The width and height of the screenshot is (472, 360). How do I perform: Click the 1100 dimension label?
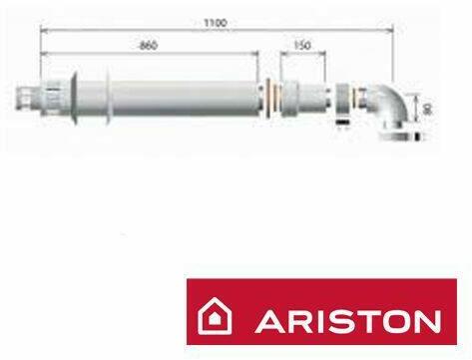216,23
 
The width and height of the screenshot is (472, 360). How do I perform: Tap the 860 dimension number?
148,46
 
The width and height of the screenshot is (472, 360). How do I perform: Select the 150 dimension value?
302,45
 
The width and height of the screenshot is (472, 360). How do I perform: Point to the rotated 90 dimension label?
427,109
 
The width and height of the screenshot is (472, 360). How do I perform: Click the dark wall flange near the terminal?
75,99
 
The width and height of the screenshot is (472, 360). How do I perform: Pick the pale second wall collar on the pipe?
108,99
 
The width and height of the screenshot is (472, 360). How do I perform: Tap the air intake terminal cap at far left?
27,99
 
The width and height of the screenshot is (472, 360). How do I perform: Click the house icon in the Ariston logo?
215,316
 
